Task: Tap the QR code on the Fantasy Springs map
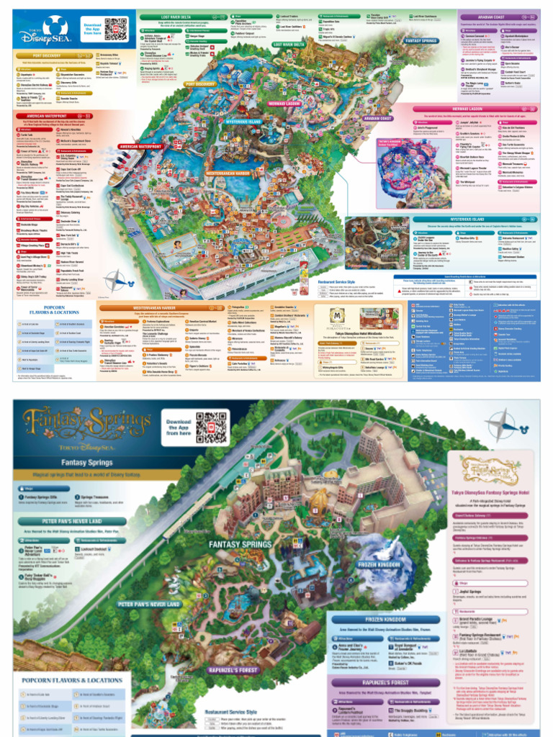pyautogui.click(x=210, y=426)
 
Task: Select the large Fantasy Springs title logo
pyautogui.click(x=86, y=425)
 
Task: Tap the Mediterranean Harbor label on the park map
pyautogui.click(x=229, y=173)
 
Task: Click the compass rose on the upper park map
pyautogui.click(x=114, y=280)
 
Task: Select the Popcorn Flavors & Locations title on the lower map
pyautogui.click(x=71, y=679)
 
